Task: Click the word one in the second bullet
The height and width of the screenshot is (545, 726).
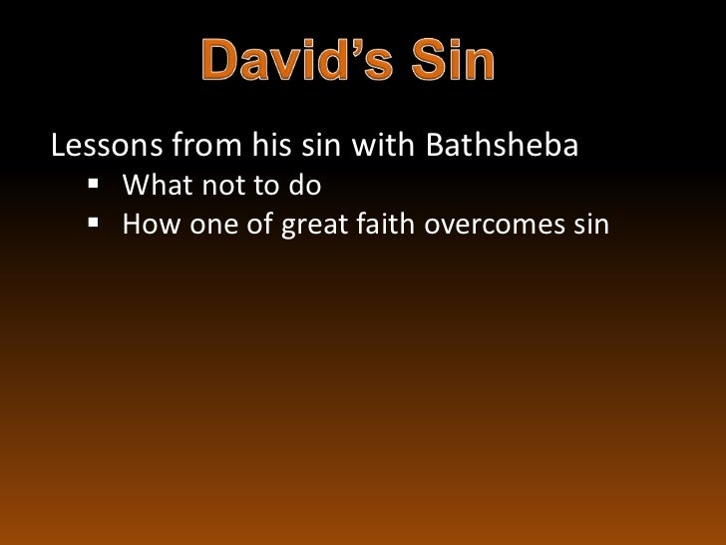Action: coord(209,224)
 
